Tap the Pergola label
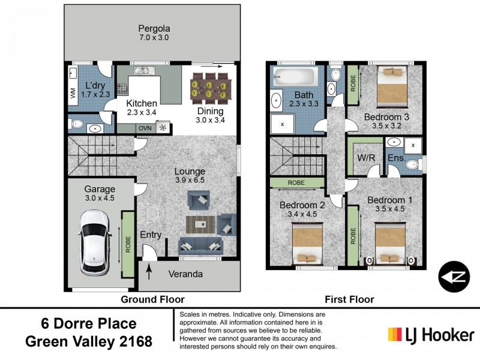pyautogui.click(x=155, y=28)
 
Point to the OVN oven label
pyautogui.click(x=144, y=128)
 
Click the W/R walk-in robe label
pyautogui.click(x=367, y=158)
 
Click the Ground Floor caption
pyautogui.click(x=152, y=299)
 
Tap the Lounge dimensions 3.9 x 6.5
pyautogui.click(x=190, y=181)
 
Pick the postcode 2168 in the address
pyautogui.click(x=132, y=342)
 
